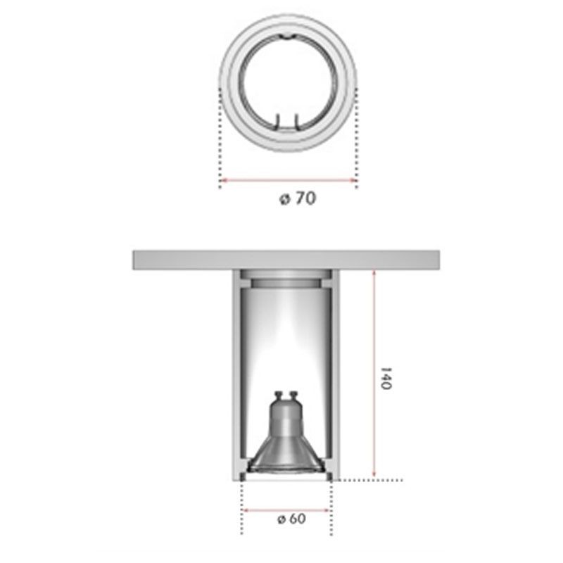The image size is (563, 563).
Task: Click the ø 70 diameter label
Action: click(296, 199)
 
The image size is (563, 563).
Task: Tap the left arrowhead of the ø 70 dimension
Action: click(224, 181)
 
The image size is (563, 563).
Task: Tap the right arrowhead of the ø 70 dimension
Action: click(355, 181)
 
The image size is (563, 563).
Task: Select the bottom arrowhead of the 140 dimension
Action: click(374, 476)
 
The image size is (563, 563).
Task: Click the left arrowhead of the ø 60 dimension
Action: click(245, 509)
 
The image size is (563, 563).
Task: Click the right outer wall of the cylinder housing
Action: click(336, 373)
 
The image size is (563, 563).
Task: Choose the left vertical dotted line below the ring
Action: click(221, 141)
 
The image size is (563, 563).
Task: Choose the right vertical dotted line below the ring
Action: click(358, 141)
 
